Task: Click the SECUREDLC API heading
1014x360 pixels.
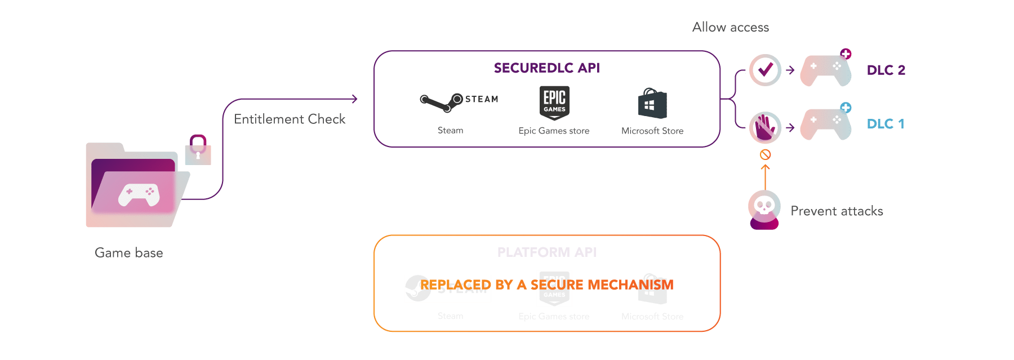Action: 546,68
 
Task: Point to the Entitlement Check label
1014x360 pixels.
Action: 290,119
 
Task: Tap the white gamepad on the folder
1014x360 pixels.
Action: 139,195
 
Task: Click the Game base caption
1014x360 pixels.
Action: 129,253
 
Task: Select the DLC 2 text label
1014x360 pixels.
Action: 886,70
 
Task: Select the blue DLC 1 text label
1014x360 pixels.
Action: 886,124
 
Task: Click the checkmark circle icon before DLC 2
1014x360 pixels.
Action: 765,70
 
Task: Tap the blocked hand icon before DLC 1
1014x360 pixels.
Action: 764,128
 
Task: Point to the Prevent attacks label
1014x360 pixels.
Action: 837,211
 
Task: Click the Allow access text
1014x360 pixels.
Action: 731,28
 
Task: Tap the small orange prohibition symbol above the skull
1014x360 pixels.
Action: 765,154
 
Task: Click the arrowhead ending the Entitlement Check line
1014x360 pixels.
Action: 354,99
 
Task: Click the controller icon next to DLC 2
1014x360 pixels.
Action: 826,70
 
